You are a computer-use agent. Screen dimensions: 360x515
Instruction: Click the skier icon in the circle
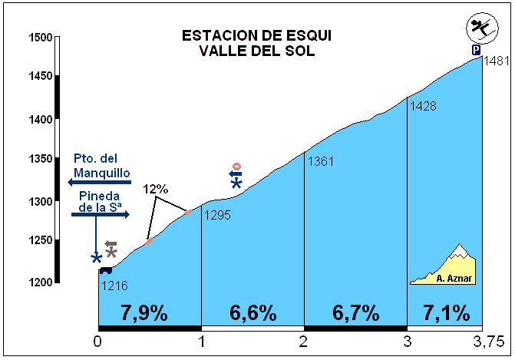click(482, 28)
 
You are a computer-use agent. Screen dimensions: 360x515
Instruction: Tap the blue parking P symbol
click(477, 50)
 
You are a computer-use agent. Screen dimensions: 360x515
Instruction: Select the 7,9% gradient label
click(144, 312)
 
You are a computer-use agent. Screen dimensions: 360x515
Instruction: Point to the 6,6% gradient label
click(253, 312)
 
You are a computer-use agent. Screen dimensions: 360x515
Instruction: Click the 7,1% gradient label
click(446, 312)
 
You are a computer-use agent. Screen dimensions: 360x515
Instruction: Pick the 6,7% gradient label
click(355, 312)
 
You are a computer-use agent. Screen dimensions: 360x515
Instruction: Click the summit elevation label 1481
click(497, 61)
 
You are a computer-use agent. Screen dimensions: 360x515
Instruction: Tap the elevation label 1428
click(423, 106)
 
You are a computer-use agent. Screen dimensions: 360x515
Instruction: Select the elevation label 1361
click(321, 161)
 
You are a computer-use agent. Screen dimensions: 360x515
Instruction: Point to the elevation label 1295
click(217, 215)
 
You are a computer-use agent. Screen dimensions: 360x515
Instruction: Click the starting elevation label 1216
click(114, 286)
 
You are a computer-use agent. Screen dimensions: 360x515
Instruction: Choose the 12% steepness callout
click(155, 189)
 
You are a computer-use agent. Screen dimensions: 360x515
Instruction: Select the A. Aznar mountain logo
click(443, 266)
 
